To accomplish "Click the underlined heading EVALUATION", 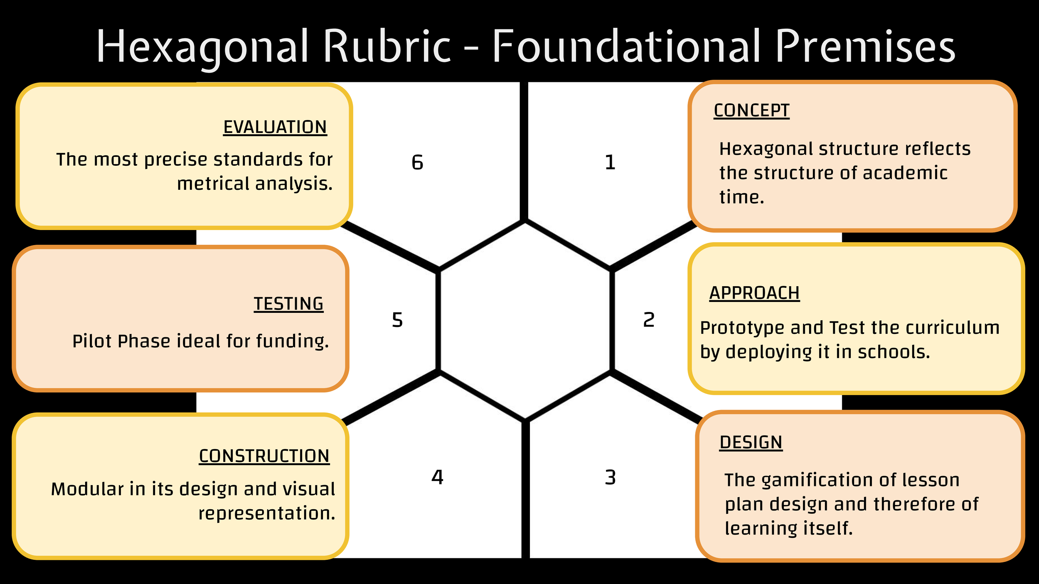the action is [x=275, y=127].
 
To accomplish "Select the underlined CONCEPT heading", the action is [x=751, y=110].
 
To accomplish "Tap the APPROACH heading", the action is [x=754, y=293].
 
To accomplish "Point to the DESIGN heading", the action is [x=751, y=442].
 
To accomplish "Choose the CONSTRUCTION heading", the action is [x=264, y=456].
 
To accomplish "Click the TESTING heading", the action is [x=288, y=304].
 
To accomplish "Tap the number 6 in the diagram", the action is [x=417, y=162].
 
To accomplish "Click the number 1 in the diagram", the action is [x=610, y=162].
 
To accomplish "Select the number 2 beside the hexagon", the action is [x=649, y=320].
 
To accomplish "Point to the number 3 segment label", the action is [x=610, y=478].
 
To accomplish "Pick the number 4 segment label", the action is [x=437, y=477].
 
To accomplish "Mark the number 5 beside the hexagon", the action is [x=397, y=320].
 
